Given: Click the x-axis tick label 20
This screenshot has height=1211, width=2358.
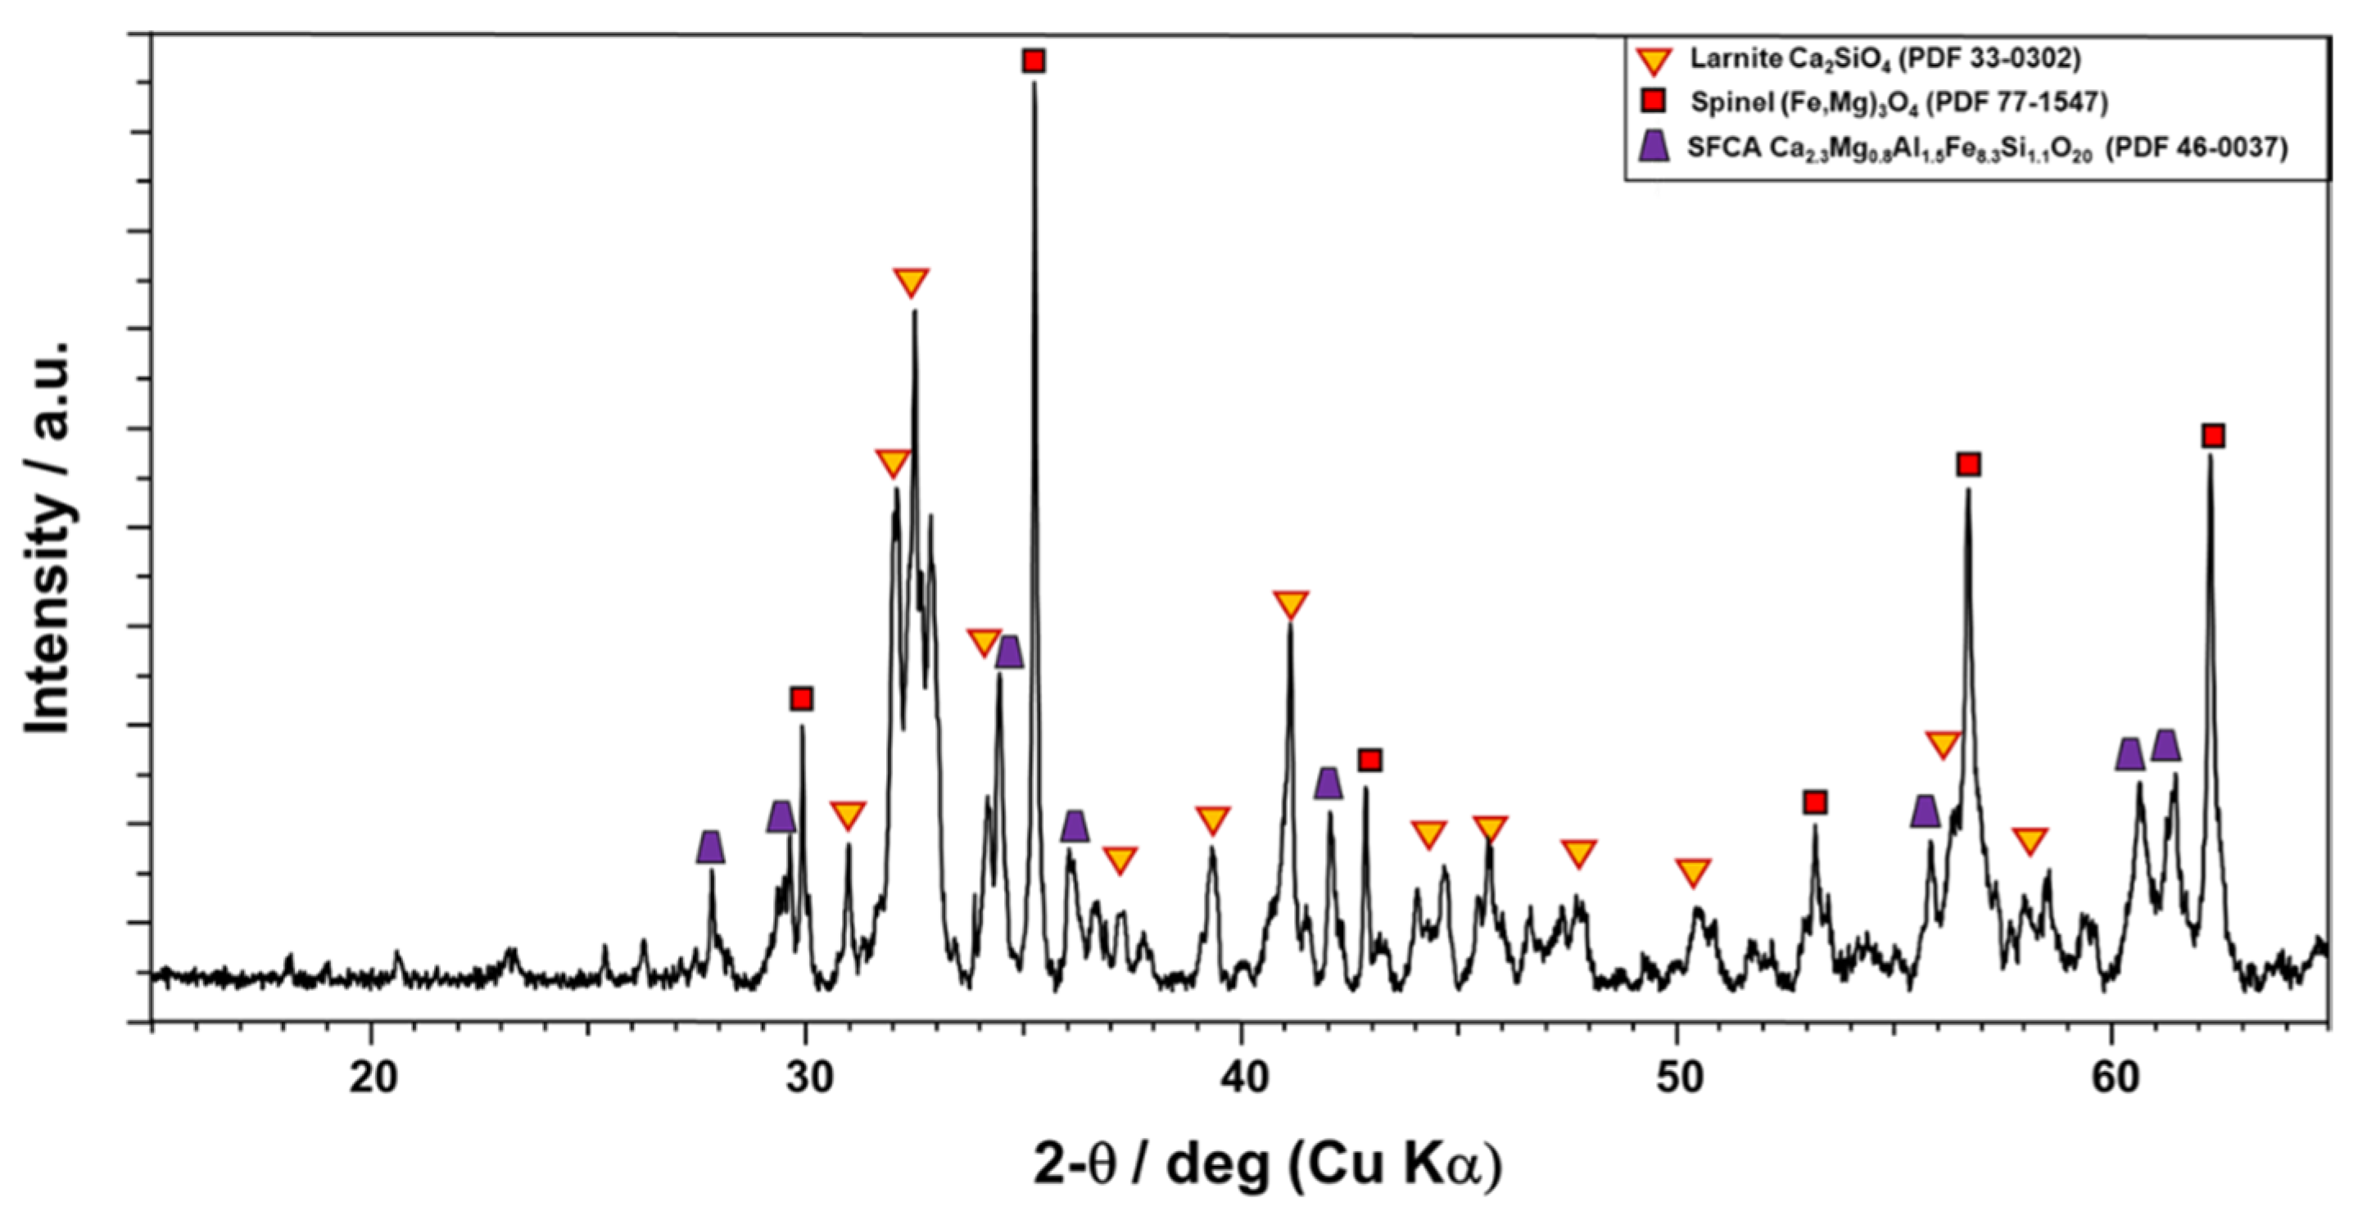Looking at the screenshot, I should point(372,1078).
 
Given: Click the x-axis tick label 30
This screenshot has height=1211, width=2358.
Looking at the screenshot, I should point(808,1078).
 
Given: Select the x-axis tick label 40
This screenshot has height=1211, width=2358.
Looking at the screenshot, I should point(1243,1078).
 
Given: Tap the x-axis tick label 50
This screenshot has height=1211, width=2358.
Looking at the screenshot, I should point(1679,1078).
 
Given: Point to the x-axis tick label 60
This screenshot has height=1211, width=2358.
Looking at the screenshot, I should point(2115,1078).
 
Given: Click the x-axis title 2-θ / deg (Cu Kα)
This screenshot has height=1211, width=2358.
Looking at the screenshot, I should point(1269,1164).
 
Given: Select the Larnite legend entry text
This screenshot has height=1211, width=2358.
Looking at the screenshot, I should point(1885,60).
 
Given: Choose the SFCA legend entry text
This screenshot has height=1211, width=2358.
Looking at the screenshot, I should point(1986,147).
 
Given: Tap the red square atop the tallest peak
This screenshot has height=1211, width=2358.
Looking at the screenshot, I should point(1034,61).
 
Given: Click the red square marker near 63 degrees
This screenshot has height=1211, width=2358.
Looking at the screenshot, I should point(2213,436).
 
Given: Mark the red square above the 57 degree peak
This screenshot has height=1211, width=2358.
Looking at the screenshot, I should point(1969,465).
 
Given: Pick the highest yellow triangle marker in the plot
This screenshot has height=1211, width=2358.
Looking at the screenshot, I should point(911,282).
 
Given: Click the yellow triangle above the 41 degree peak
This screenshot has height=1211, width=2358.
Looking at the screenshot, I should point(1291,603).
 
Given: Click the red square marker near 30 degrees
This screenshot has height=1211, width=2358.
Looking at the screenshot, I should point(802,699).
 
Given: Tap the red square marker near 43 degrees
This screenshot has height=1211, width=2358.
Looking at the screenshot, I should point(1369,760).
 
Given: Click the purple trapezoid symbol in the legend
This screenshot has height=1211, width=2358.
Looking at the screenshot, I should point(1653,146).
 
